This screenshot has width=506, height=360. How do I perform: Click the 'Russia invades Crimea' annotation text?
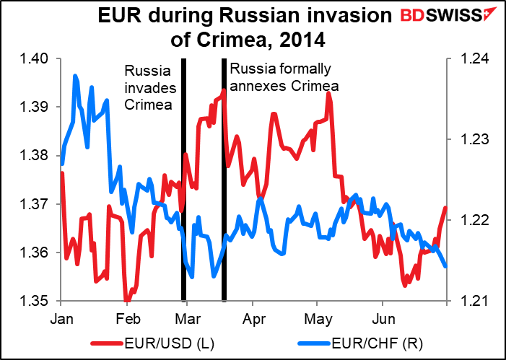(x=149, y=87)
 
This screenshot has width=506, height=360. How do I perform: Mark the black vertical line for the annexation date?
(x=224, y=216)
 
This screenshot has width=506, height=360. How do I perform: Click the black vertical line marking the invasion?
(x=183, y=216)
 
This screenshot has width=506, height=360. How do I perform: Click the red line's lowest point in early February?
(x=127, y=300)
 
